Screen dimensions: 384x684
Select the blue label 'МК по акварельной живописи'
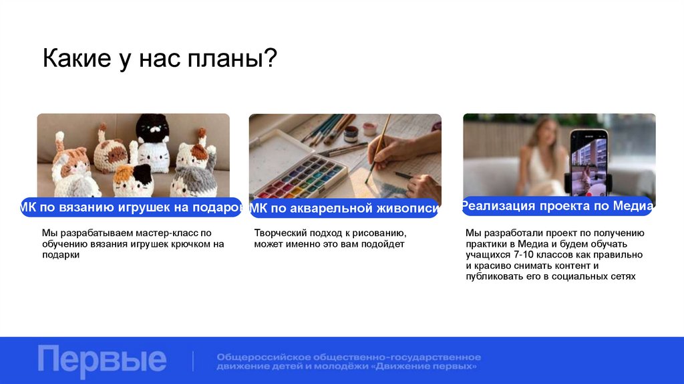coord(344,209)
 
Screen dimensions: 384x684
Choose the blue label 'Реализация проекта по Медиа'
coord(556,206)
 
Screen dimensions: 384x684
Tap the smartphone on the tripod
coord(588,161)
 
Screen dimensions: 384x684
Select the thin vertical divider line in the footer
coord(193,361)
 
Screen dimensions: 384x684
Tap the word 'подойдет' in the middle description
coord(383,244)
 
